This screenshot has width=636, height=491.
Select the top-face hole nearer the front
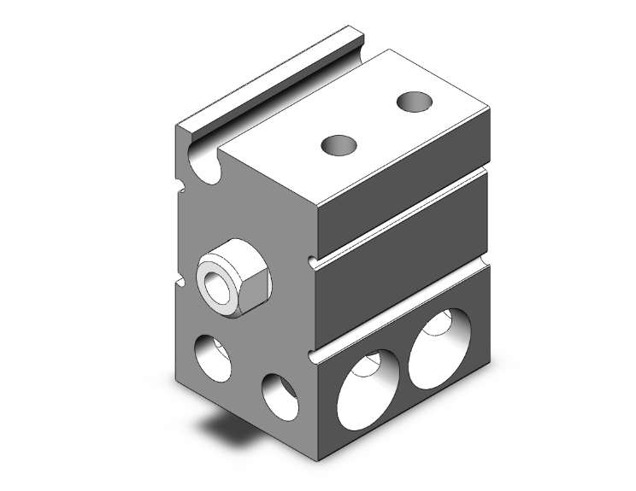tap(338, 145)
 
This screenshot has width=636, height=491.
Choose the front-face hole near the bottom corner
tap(280, 396)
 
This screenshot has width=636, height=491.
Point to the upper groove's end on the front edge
tap(312, 258)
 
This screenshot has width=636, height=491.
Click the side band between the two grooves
tap(402, 256)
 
